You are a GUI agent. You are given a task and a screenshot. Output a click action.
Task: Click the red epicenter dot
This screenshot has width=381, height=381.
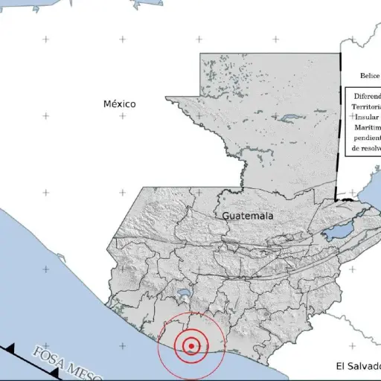pyautogui.click(x=191, y=345)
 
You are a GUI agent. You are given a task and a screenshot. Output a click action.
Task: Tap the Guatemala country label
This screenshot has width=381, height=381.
pyautogui.click(x=247, y=216)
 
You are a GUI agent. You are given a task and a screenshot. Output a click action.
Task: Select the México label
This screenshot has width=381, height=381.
pyautogui.click(x=120, y=104)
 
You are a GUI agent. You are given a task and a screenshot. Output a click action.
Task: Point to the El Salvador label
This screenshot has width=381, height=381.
pyautogui.click(x=357, y=366)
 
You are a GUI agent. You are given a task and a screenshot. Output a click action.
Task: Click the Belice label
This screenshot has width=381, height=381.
pyautogui.click(x=370, y=75)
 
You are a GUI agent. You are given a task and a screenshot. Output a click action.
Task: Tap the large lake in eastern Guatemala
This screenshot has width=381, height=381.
pyautogui.click(x=338, y=232)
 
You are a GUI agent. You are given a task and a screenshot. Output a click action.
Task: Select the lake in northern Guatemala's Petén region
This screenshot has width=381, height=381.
pyautogui.click(x=288, y=117)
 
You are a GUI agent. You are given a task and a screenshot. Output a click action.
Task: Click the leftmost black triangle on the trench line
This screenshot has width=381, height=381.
pyautogui.click(x=10, y=348)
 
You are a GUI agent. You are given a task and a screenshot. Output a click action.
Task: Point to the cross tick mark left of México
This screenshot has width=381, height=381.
pyautogui.click(x=45, y=116)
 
